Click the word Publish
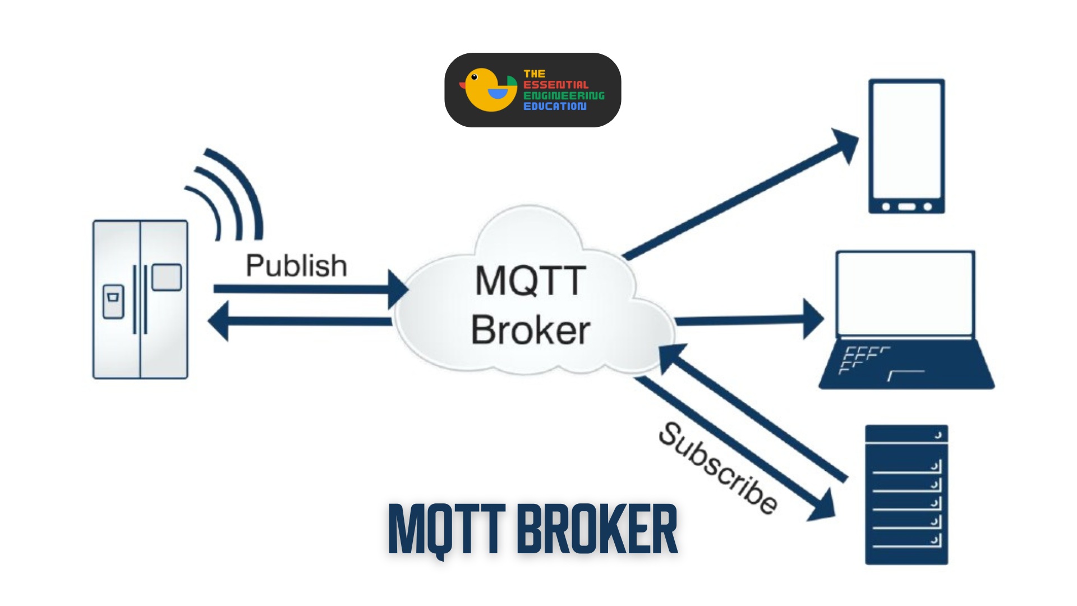point(296,266)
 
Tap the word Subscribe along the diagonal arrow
point(719,467)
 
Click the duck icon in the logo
point(488,90)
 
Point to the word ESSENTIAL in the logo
point(555,85)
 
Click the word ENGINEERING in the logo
point(564,95)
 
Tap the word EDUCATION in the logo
point(555,106)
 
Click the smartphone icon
point(906,146)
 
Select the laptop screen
point(905,293)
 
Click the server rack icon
point(906,494)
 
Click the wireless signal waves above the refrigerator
point(230,194)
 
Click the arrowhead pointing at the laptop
point(813,319)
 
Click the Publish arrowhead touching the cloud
point(397,290)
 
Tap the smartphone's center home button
point(906,207)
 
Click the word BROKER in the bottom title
point(597,529)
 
